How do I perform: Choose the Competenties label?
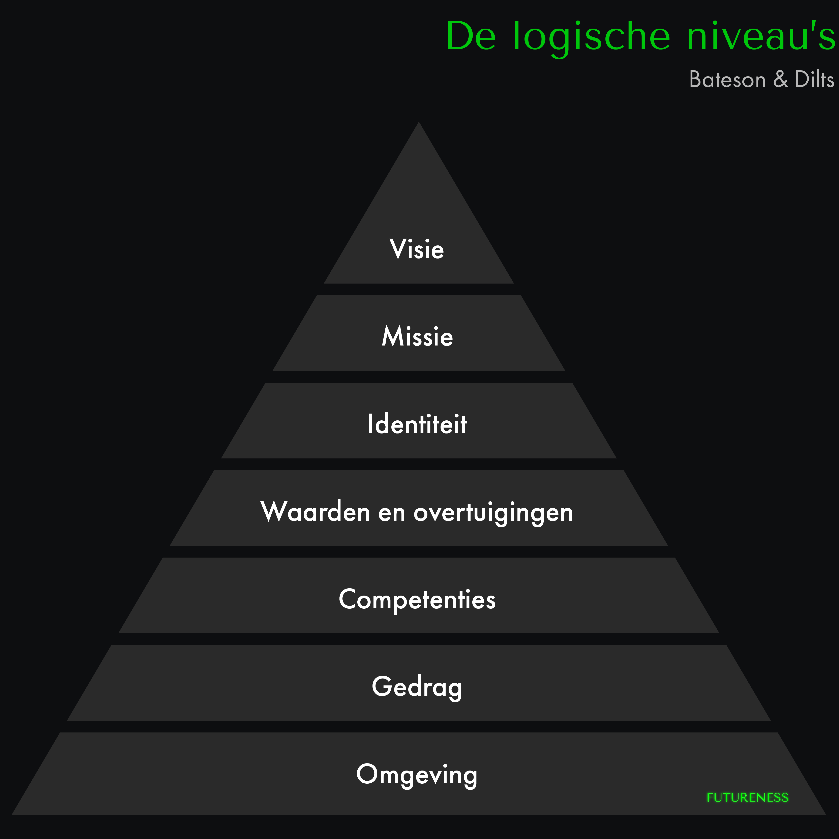coord(417,600)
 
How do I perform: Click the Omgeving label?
coord(417,775)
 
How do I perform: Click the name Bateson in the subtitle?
coord(727,80)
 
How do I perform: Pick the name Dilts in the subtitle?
coord(814,80)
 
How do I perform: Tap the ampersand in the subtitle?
coord(780,80)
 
